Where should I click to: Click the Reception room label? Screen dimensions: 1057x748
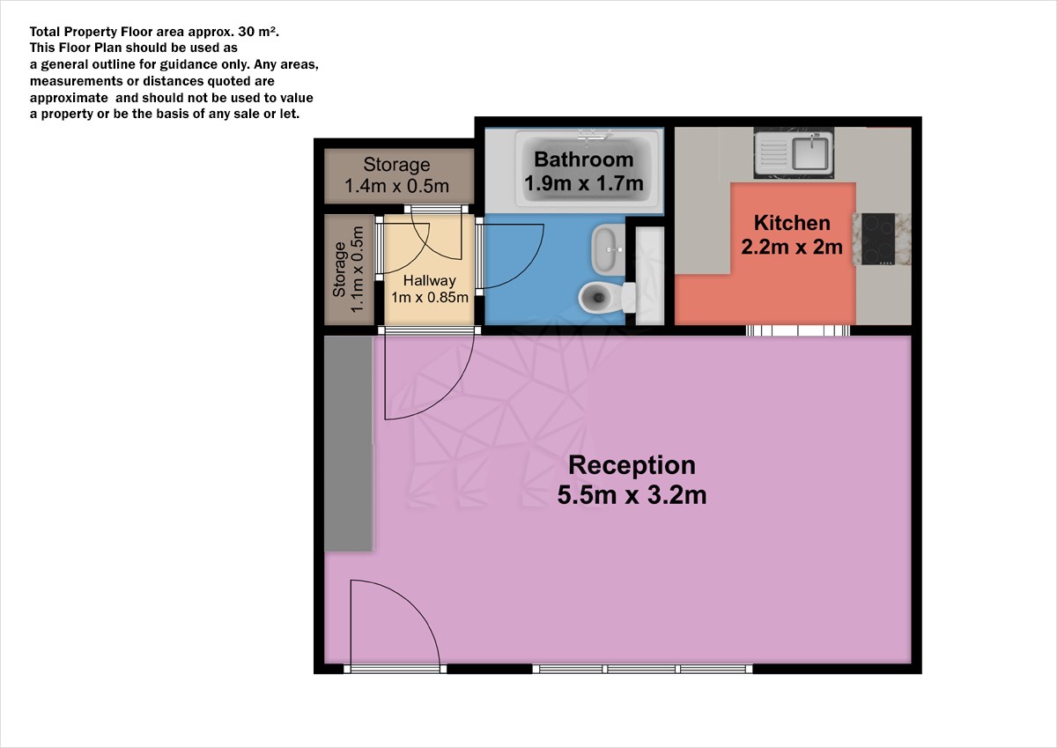632,465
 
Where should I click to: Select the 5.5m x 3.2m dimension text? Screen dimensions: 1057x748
632,495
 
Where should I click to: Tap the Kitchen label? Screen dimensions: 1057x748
792,223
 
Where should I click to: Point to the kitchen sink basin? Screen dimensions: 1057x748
810,152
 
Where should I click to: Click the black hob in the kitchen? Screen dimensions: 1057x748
878,239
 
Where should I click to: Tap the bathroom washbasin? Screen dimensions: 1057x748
608,249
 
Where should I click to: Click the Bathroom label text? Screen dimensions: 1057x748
584,159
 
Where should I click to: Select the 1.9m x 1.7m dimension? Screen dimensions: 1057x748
584,183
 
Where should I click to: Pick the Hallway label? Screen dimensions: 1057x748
430,281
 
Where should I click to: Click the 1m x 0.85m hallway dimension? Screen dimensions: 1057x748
430,297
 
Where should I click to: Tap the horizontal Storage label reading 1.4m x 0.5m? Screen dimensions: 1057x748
396,175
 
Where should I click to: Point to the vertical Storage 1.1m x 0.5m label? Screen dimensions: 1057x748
348,270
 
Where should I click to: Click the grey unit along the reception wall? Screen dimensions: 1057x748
349,443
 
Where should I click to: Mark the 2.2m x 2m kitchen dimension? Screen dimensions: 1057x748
792,247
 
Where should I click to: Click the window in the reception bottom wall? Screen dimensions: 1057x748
642,669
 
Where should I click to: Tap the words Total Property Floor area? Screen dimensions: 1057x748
107,32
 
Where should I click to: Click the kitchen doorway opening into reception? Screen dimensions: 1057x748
798,330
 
